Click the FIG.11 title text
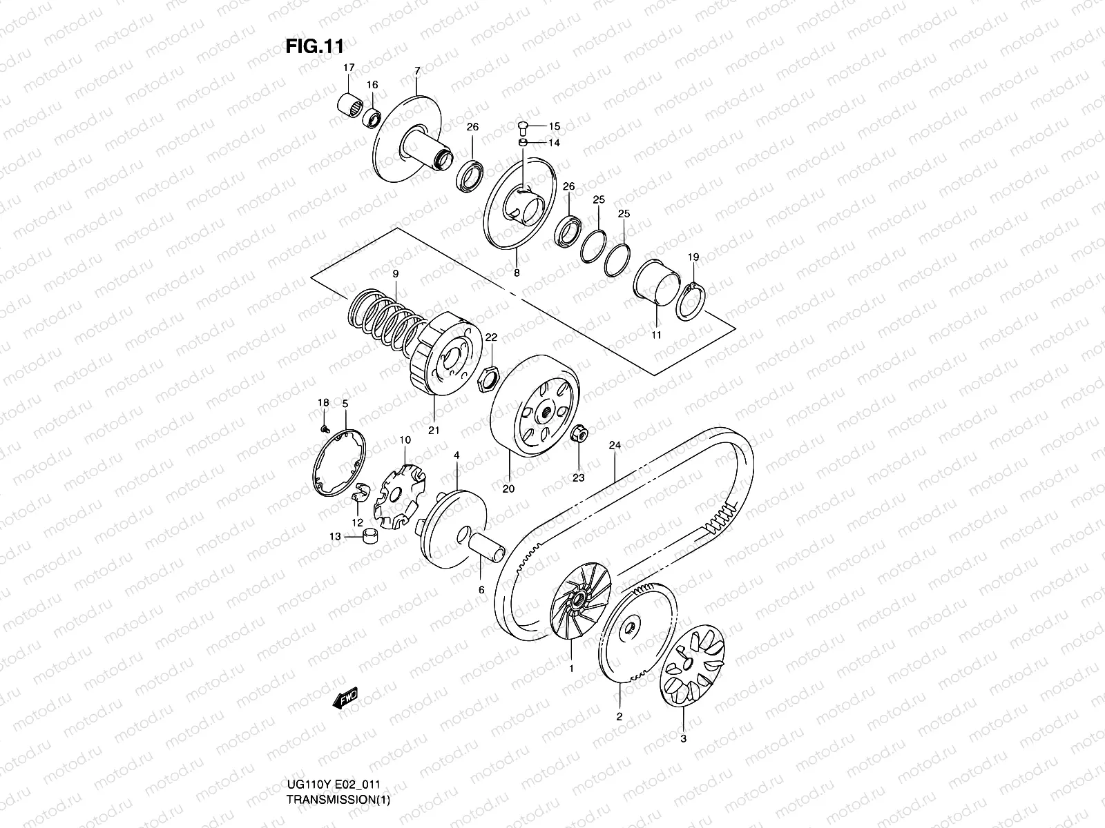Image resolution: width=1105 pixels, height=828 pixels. pyautogui.click(x=314, y=46)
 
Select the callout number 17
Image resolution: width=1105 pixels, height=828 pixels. pyautogui.click(x=349, y=68)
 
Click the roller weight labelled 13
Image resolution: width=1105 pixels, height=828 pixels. pyautogui.click(x=371, y=535)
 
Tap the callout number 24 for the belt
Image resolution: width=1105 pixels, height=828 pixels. pyautogui.click(x=615, y=446)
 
